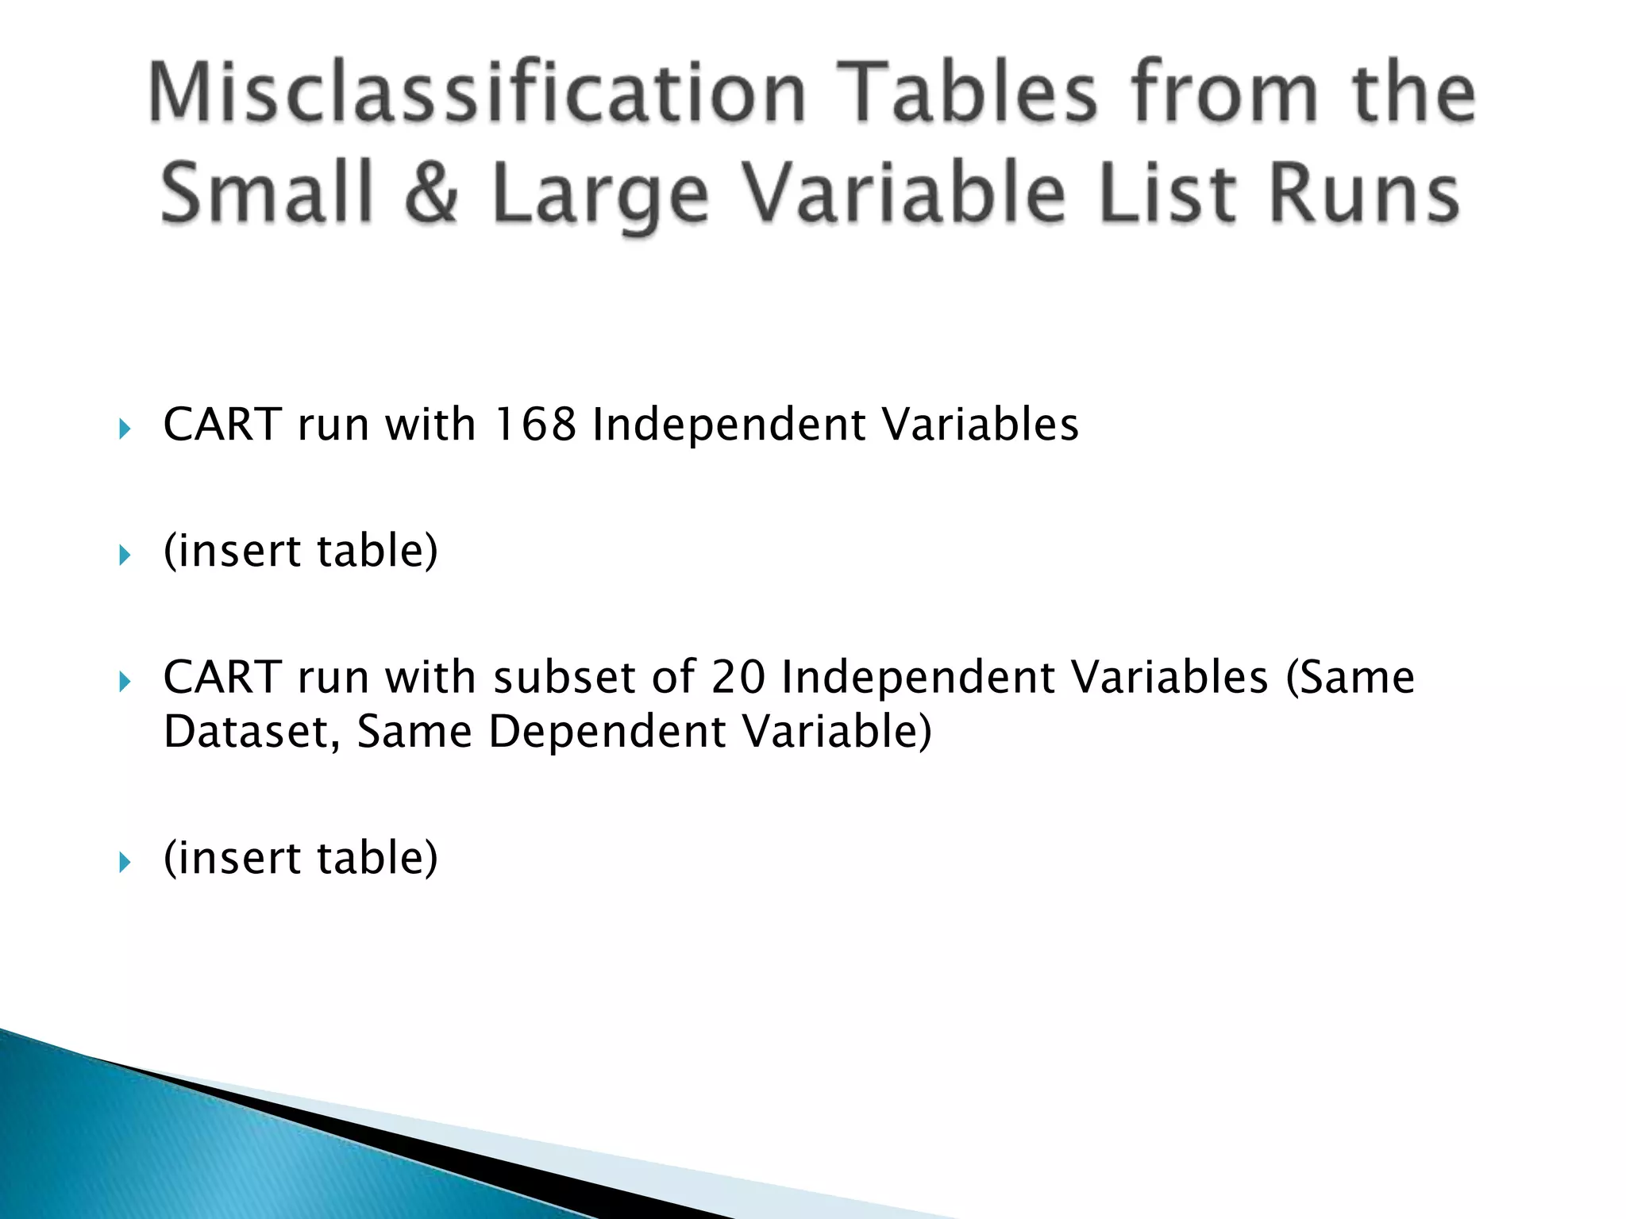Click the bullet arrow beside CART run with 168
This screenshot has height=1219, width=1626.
click(x=125, y=429)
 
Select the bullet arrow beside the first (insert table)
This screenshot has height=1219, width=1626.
click(x=125, y=556)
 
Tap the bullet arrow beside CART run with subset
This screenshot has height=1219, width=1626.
click(x=125, y=682)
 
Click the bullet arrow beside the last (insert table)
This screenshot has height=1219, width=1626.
click(x=125, y=862)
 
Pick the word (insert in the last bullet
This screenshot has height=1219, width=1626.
click(x=233, y=857)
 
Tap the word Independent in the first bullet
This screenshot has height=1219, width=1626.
click(x=728, y=424)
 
